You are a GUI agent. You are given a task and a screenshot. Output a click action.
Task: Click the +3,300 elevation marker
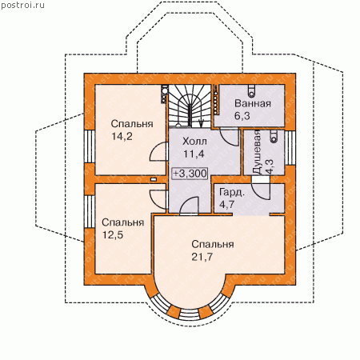click(190, 174)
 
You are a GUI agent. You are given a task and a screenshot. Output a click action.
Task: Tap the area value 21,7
click(202, 257)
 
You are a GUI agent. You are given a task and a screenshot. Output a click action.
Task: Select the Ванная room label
click(253, 103)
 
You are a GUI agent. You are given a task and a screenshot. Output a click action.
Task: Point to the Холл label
click(194, 142)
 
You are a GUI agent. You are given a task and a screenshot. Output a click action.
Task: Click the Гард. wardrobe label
click(232, 193)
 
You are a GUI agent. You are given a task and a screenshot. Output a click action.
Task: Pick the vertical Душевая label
click(257, 152)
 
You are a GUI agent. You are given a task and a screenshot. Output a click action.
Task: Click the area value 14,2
click(122, 137)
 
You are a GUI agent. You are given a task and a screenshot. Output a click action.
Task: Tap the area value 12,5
click(113, 235)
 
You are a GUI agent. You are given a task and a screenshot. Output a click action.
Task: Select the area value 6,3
click(242, 116)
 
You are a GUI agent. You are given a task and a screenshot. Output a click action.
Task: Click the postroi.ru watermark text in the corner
click(22, 6)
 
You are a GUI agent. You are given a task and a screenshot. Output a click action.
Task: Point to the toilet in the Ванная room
click(251, 90)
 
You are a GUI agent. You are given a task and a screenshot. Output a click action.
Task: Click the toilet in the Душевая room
click(274, 135)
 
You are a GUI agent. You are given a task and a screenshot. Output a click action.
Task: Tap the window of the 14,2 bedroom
click(90, 146)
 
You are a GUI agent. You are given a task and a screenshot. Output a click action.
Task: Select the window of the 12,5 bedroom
click(90, 211)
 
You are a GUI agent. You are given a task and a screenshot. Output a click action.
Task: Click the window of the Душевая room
click(290, 147)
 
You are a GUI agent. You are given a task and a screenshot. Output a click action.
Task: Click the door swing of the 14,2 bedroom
click(158, 152)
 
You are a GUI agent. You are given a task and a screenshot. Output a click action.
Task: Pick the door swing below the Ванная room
click(229, 137)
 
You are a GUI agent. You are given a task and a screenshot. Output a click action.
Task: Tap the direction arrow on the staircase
click(201, 123)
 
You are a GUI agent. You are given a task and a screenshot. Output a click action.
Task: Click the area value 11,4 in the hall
click(194, 154)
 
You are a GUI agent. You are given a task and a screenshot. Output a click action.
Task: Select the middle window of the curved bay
click(189, 314)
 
